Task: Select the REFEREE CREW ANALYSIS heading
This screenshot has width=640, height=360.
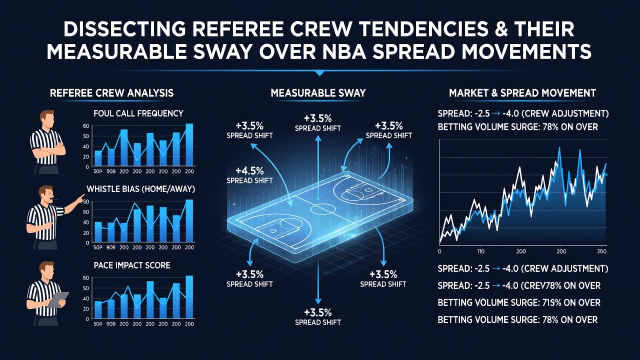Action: [x=111, y=93]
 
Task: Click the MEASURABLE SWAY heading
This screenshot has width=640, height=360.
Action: [x=318, y=93]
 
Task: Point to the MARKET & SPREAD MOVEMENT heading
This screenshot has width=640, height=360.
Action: [x=522, y=93]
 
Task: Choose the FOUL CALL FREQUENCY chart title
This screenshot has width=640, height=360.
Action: [x=138, y=113]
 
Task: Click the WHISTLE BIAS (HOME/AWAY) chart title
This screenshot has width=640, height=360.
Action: [x=140, y=189]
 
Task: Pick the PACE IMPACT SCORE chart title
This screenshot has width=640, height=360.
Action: [x=131, y=265]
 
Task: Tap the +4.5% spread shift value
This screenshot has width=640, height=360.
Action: [x=249, y=171]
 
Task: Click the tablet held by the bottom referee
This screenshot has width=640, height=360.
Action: [x=58, y=299]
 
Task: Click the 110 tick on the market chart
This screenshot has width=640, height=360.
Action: [x=481, y=251]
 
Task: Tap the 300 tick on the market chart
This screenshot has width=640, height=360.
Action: [x=601, y=251]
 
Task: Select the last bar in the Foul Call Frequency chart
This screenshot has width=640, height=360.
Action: [x=189, y=144]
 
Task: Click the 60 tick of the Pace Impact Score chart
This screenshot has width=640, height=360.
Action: [x=85, y=277]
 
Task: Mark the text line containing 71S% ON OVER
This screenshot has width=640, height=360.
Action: [x=519, y=302]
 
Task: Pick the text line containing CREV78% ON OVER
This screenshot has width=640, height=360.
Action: [x=519, y=285]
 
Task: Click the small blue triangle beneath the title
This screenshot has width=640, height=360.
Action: [x=319, y=73]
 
